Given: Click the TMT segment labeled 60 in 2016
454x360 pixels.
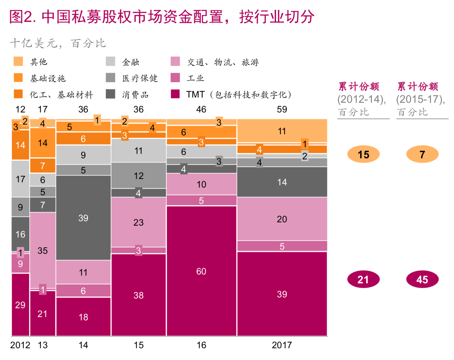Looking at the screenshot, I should (x=201, y=271).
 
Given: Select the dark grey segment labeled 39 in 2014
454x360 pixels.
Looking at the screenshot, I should (x=83, y=218).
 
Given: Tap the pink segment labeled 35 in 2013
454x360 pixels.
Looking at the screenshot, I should (x=43, y=250).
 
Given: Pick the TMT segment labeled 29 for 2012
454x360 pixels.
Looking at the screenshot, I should (x=20, y=305).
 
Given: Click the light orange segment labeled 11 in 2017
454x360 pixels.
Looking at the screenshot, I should (x=282, y=131).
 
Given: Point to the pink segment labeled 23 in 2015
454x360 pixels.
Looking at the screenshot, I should (x=138, y=222).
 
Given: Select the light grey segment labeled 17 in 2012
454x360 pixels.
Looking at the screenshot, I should (x=20, y=179).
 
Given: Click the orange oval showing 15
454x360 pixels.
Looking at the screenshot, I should (x=363, y=154).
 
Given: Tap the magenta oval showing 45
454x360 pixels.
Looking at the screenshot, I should (x=422, y=279).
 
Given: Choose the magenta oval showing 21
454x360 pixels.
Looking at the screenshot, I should (x=363, y=279).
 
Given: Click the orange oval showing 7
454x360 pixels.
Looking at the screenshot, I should (x=422, y=154).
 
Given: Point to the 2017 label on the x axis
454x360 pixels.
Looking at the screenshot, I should (x=282, y=345).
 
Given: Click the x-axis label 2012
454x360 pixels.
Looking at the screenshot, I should (x=20, y=345).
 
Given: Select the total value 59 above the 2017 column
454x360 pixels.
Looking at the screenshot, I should (x=282, y=109).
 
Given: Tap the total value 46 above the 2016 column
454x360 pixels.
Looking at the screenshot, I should (x=201, y=109).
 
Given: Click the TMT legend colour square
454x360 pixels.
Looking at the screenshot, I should (x=175, y=94).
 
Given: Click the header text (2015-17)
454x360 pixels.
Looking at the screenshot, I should (x=420, y=99).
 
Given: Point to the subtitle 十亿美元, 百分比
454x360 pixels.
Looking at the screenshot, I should (x=58, y=43).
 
